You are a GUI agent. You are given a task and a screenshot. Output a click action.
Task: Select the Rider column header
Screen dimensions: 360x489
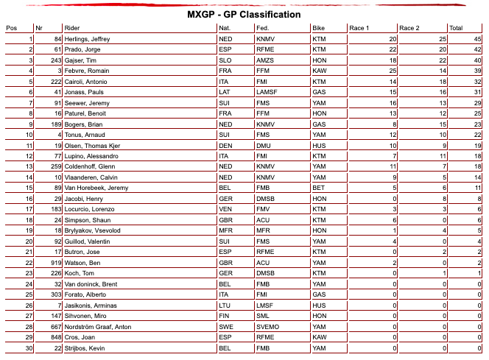coord(73,27)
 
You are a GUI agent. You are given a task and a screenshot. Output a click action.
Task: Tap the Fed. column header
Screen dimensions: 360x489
coord(263,27)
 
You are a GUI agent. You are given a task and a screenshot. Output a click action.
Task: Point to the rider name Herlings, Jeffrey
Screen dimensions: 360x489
coord(87,38)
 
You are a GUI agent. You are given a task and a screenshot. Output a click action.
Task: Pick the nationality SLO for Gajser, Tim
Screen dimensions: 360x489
coord(226,60)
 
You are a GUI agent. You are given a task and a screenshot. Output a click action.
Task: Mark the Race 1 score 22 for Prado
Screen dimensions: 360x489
coord(393,49)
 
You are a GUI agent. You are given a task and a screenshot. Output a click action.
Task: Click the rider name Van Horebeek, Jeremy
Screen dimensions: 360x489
coord(93,188)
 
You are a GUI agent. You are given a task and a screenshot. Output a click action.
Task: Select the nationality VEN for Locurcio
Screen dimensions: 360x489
coord(226,210)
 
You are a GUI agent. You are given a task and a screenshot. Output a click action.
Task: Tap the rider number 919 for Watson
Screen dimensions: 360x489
coord(53,261)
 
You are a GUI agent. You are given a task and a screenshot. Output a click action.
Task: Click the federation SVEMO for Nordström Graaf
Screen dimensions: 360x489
coord(268,326)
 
